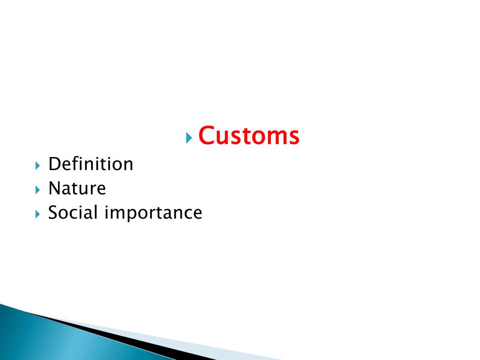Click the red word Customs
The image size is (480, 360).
pos(248,136)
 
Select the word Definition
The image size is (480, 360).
pos(91,164)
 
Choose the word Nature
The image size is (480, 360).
pos(77,188)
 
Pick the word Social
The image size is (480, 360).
pos(73,213)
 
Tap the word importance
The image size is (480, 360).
pos(153,213)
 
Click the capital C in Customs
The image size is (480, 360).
pos(206,136)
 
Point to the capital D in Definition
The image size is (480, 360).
pos(54,164)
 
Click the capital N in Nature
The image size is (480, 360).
pos(55,188)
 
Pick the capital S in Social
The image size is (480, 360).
pos(53,213)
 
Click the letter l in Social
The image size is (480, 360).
pos(96,212)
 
